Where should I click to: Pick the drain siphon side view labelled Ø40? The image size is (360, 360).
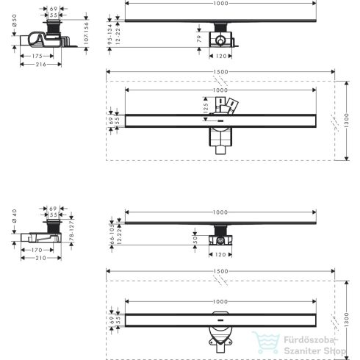coord(44,230)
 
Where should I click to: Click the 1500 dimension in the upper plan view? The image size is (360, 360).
coord(220,72)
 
